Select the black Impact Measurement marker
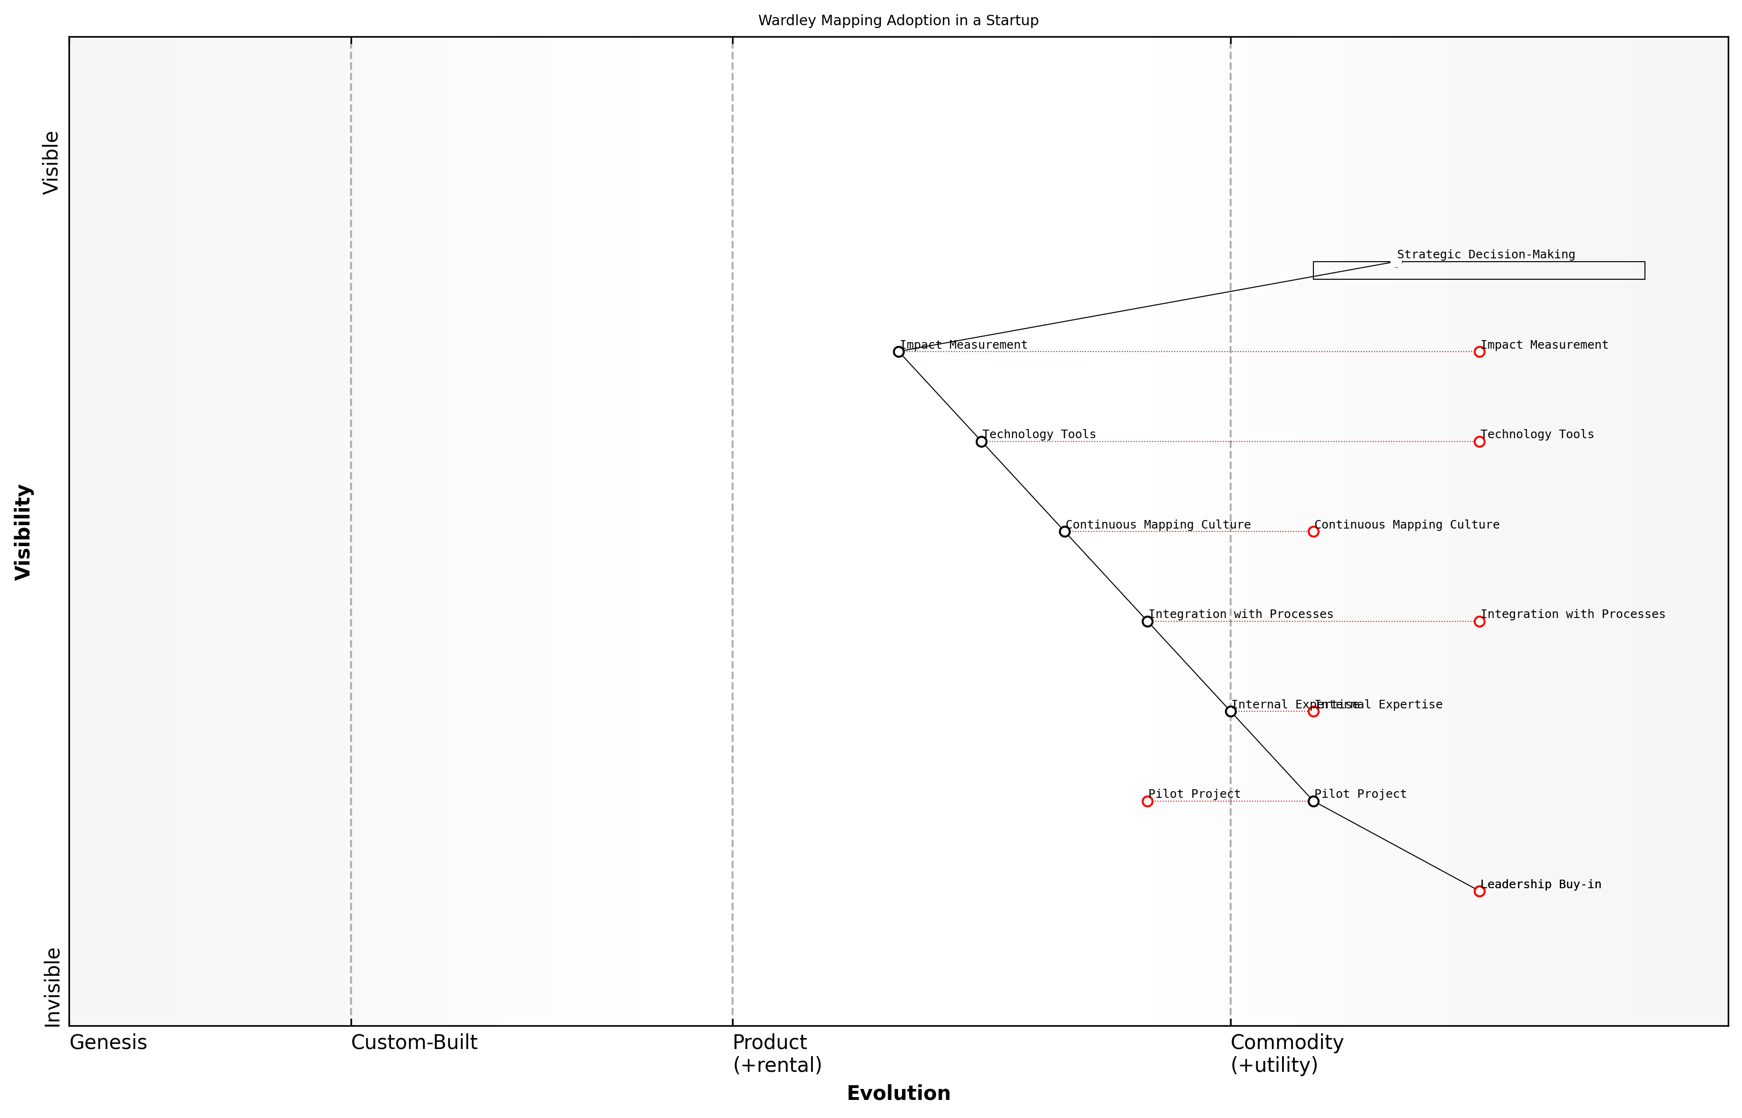(x=899, y=352)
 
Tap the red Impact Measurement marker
(x=1479, y=352)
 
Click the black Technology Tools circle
(x=981, y=441)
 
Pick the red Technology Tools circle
(x=1479, y=441)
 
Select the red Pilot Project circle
(x=1147, y=802)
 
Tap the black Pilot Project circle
(x=1313, y=802)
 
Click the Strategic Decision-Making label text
(x=1486, y=255)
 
